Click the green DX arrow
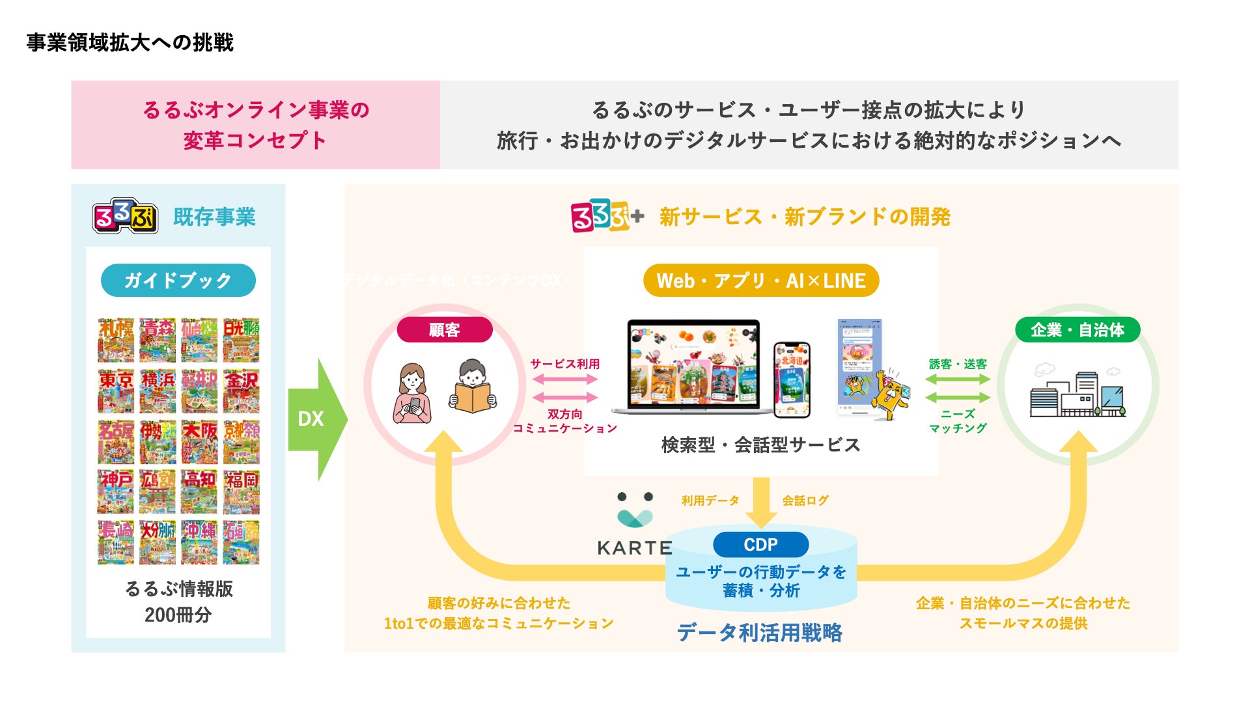[x=316, y=419]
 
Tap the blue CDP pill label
[x=760, y=544]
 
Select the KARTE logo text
[x=635, y=548]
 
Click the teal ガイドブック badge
[x=178, y=281]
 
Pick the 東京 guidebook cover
[x=116, y=391]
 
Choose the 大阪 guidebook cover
[x=199, y=441]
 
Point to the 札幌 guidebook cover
[x=116, y=340]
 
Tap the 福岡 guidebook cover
[x=242, y=491]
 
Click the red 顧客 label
[x=444, y=330]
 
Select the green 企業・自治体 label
[x=1077, y=330]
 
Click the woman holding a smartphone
[x=412, y=393]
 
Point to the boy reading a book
[x=473, y=387]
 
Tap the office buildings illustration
[x=1077, y=392]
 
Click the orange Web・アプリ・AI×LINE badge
[x=760, y=281]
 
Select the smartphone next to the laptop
[x=792, y=379]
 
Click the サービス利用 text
[x=564, y=364]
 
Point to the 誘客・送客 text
[x=958, y=364]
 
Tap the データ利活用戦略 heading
[x=759, y=632]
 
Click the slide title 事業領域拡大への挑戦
[x=130, y=43]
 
